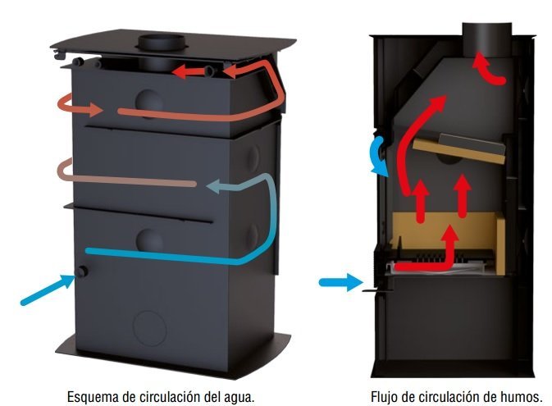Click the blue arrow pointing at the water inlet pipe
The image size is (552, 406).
coord(48,290)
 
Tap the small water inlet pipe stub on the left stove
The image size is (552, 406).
coord(83,271)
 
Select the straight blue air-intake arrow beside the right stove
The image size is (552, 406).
coord(340,282)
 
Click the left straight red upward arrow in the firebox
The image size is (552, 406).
coord(420,201)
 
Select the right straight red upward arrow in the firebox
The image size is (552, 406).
coord(463,196)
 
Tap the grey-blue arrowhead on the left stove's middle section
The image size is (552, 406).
coord(216,186)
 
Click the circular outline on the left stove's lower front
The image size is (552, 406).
coord(150,328)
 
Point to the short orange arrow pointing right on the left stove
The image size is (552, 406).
coord(80,105)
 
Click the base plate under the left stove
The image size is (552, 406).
coord(173,356)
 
